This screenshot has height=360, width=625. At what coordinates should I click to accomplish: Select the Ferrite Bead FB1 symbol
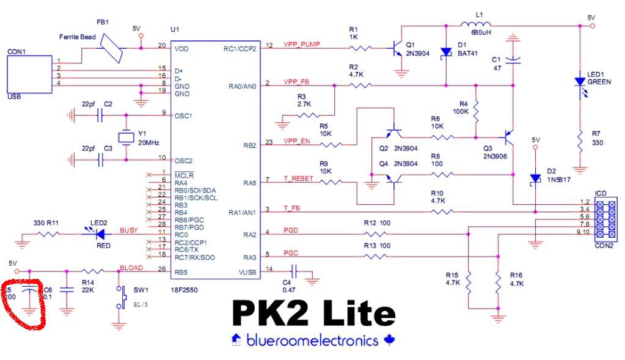(112, 48)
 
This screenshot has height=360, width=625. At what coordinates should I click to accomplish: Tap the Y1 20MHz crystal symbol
(126, 138)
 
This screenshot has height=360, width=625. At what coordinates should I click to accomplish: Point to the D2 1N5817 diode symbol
(535, 178)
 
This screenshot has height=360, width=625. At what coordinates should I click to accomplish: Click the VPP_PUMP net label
(302, 45)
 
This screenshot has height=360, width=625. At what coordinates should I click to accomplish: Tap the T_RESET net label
(298, 178)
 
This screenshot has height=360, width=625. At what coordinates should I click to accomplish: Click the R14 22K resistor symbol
(92, 271)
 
